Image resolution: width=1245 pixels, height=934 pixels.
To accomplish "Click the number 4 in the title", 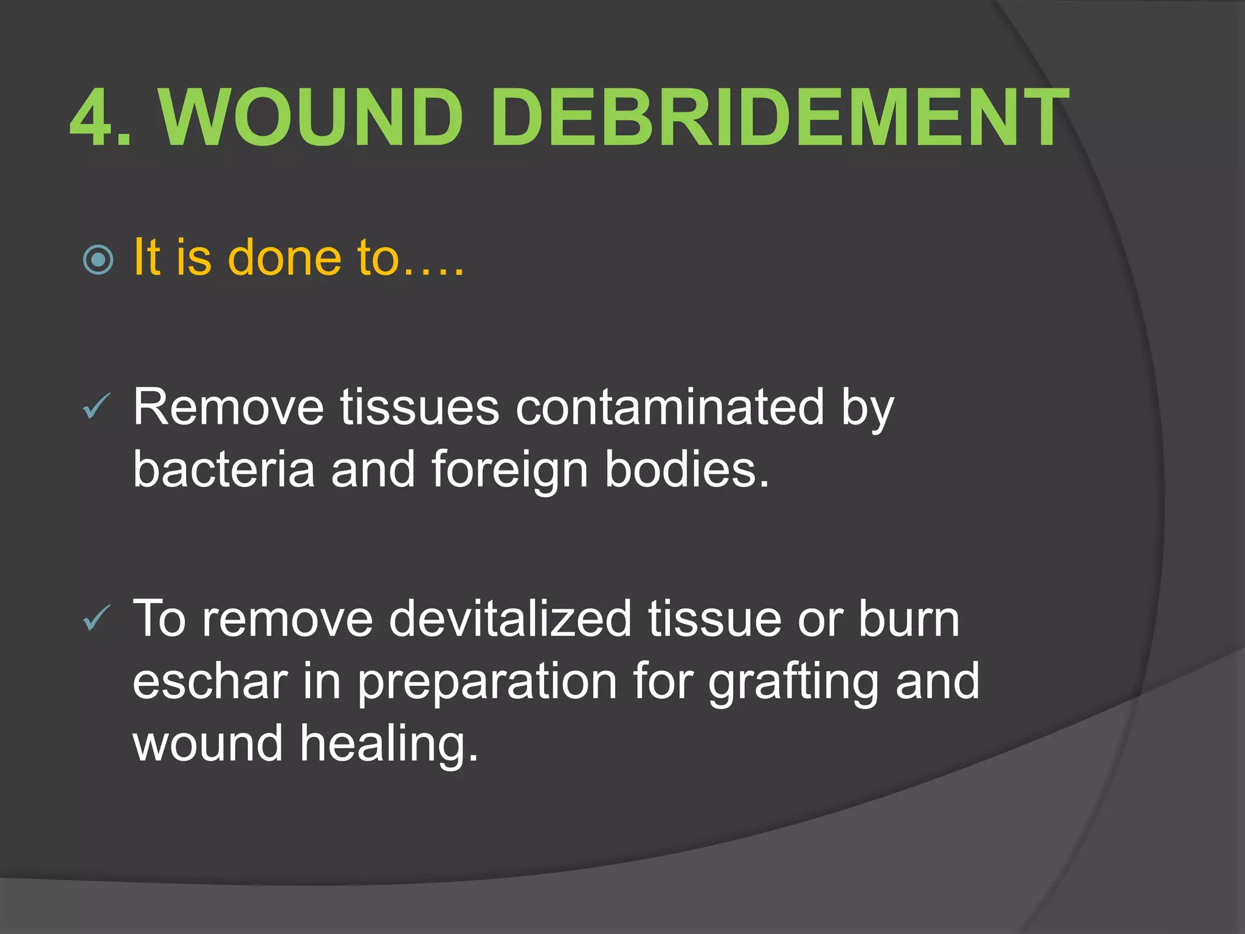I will point(91,117).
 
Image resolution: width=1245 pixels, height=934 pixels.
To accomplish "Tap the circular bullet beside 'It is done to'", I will point(98,260).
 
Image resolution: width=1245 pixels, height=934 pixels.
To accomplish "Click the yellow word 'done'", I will point(284,257).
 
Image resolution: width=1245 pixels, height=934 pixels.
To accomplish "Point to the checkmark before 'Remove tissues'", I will point(96,406).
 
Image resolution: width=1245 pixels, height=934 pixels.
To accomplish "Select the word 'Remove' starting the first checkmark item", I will point(229,407).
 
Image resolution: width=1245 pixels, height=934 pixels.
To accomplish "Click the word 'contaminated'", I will point(669,407).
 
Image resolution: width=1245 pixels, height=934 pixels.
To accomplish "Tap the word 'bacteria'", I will point(224,469).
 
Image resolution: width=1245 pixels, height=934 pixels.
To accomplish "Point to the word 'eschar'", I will point(210,682).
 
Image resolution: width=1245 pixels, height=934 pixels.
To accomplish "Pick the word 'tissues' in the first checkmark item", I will point(419,407).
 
